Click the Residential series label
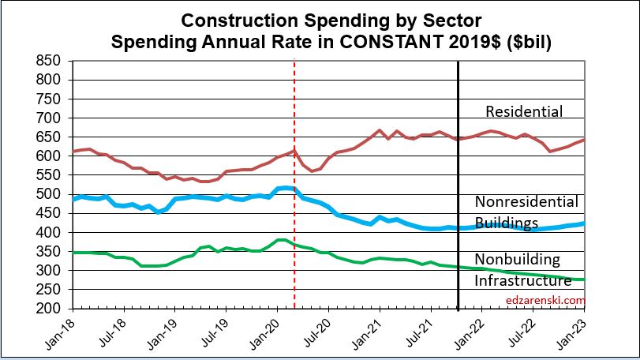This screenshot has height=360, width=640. tap(524, 112)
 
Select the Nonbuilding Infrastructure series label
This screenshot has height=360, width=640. tap(522, 269)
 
